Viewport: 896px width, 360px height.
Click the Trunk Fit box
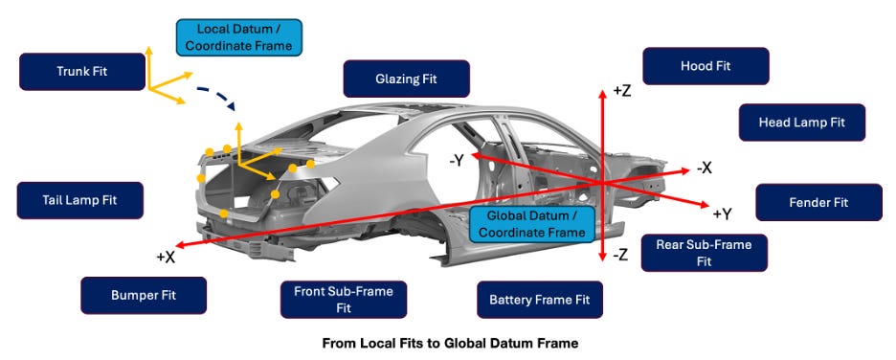[x=82, y=72]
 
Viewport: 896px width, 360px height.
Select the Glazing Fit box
[x=406, y=79]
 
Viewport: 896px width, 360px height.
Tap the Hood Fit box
[x=706, y=66]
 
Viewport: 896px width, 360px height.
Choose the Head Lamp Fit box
[x=802, y=123]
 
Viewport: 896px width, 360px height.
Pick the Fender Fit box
[x=818, y=202]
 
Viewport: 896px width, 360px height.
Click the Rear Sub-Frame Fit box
[x=704, y=253]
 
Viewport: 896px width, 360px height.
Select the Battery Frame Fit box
[x=540, y=300]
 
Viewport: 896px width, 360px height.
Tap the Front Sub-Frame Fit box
[x=344, y=300]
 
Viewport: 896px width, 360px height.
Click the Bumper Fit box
[x=144, y=296]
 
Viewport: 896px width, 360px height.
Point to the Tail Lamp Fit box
[x=80, y=200]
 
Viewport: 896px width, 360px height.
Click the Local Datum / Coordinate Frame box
[x=239, y=37]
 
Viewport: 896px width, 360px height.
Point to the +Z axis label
[x=621, y=90]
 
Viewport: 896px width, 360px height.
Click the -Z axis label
[x=620, y=256]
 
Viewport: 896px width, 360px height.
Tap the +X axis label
[x=166, y=258]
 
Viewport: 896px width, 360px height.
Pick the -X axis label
[x=704, y=168]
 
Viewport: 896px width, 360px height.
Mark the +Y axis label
[x=723, y=214]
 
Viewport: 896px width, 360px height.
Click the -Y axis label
[x=459, y=162]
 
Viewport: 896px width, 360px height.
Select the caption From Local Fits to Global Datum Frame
[x=450, y=344]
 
